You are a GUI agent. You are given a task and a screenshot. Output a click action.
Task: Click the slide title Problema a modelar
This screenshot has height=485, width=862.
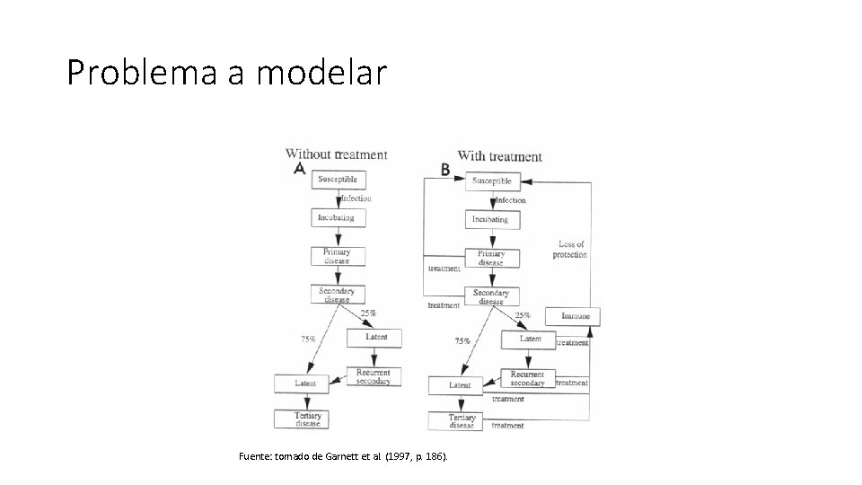226,73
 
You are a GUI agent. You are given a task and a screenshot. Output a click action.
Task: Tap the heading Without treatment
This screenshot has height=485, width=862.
336,154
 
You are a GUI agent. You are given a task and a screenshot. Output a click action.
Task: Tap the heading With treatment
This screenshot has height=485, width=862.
499,156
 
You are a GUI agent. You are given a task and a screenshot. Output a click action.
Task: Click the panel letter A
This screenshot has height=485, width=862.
300,170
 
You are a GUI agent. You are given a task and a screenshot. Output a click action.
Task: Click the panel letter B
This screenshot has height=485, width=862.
446,170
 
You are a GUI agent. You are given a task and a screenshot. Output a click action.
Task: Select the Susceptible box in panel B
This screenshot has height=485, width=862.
493,181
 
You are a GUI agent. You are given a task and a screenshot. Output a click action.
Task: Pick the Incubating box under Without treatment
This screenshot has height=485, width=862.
336,218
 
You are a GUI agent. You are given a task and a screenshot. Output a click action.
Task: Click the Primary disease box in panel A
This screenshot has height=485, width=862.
337,256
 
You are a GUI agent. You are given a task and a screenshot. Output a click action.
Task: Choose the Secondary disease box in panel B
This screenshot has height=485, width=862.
491,296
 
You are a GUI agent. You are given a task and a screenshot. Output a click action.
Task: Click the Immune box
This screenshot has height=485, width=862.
576,316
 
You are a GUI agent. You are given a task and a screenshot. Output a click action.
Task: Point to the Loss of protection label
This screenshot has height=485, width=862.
571,250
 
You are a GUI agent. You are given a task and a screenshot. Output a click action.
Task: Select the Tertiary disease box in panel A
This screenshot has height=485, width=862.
308,419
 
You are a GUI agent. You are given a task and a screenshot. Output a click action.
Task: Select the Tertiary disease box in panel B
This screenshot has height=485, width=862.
462,420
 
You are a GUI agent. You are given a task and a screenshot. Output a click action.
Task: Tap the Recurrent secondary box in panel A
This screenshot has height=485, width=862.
374,377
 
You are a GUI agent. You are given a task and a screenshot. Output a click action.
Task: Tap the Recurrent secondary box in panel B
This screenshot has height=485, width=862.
527,379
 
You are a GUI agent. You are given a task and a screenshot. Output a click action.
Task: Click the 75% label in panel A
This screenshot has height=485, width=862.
307,339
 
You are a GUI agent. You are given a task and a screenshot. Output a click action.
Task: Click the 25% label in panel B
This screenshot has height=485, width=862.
523,315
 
